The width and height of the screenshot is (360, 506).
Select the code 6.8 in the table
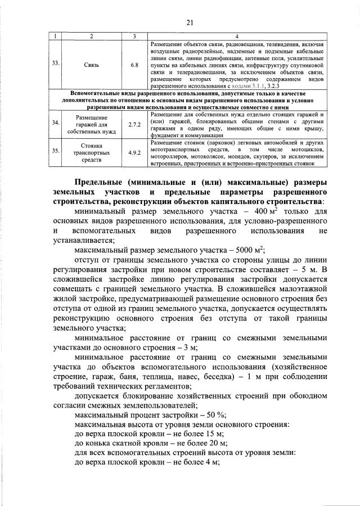(x=134, y=65)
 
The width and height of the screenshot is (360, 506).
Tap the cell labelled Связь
(x=91, y=65)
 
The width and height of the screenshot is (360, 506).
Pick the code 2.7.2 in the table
(x=134, y=124)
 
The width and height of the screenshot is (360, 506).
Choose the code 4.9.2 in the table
(x=134, y=152)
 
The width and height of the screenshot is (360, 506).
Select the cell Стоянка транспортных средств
(x=91, y=152)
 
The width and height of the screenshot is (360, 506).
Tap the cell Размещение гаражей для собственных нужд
(x=91, y=124)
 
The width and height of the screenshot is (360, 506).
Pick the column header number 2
(x=91, y=36)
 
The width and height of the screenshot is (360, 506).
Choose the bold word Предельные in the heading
(x=103, y=182)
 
